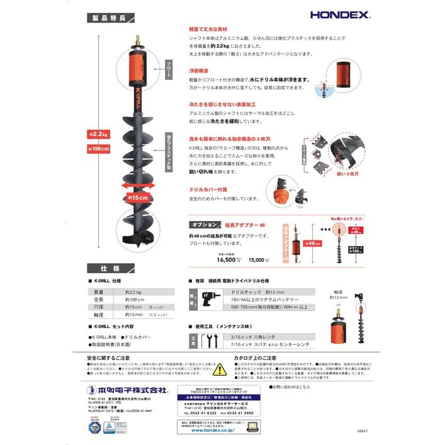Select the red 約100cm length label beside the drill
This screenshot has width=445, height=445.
[x=98, y=149]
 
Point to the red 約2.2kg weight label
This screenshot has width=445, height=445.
[x=98, y=133]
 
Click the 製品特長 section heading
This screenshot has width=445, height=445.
[x=108, y=19]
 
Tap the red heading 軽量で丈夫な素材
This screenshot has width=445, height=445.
[x=208, y=30]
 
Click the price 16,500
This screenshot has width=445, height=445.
[x=226, y=259]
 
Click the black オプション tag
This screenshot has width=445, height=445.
[x=205, y=224]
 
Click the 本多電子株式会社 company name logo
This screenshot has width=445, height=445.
[x=128, y=390]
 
